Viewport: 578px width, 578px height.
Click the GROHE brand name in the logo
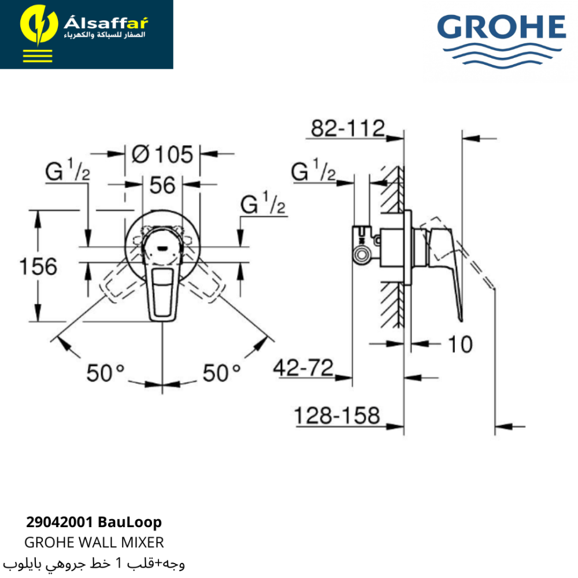click(x=501, y=27)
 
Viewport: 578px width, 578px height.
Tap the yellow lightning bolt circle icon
click(x=39, y=25)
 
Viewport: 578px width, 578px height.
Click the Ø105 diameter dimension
click(x=162, y=154)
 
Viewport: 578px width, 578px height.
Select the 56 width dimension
click(x=162, y=185)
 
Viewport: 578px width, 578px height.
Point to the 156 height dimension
click(x=38, y=266)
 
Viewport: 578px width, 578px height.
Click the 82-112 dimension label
click(x=348, y=128)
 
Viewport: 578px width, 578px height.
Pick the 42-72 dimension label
click(x=303, y=368)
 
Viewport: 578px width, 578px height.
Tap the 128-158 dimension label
click(x=337, y=416)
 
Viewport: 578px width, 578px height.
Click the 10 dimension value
click(x=460, y=344)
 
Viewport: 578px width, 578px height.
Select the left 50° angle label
click(x=105, y=373)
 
